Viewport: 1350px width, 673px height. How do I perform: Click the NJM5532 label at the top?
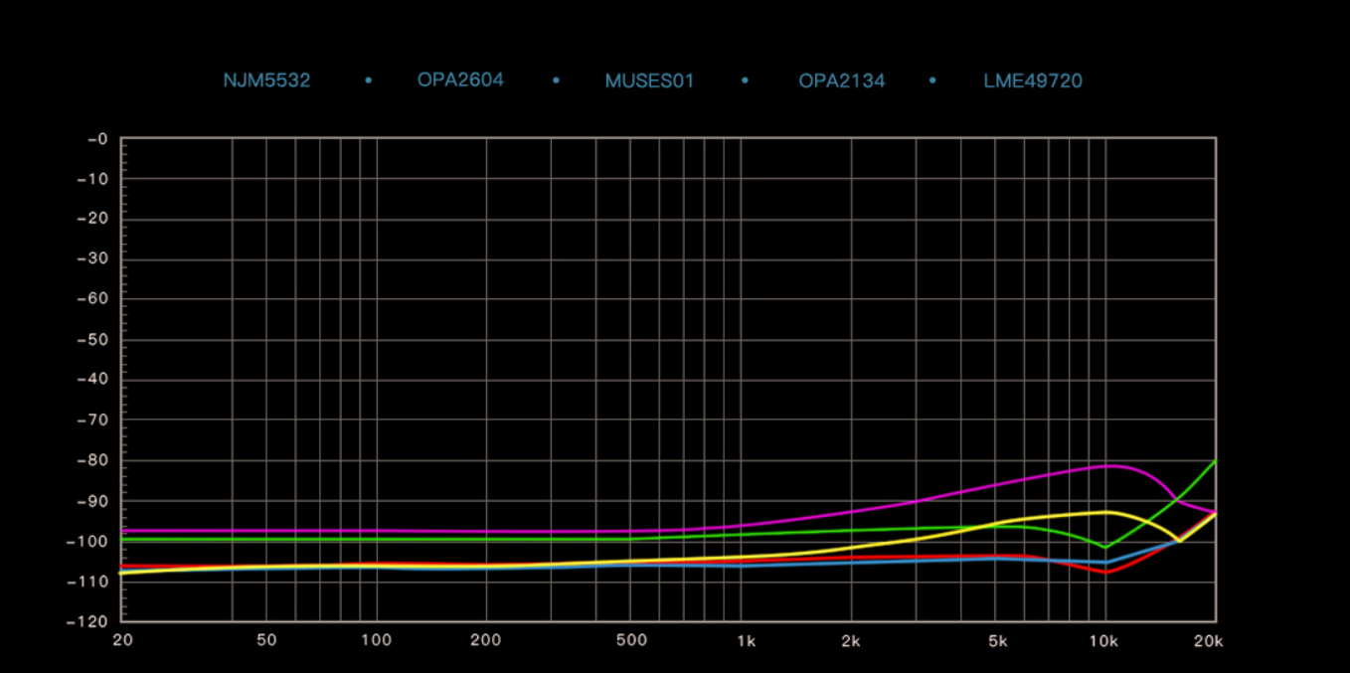pos(266,81)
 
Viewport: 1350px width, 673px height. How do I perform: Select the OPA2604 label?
pos(460,80)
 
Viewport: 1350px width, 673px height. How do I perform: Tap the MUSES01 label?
pos(649,81)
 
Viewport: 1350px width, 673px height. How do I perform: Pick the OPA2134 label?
pos(841,81)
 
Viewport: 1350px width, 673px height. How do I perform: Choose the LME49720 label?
pos(1032,81)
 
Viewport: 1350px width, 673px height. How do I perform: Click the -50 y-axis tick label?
pos(92,340)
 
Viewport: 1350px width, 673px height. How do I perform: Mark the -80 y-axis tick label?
pos(92,460)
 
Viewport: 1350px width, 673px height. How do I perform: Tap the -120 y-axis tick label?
pos(88,621)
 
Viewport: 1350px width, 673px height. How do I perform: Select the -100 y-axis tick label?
pos(88,541)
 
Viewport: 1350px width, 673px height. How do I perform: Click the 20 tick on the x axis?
pos(122,640)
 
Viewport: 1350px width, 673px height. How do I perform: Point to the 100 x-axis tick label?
pos(376,640)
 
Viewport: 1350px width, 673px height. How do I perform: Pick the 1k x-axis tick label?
pos(746,640)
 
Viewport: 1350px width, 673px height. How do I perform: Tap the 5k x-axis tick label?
pos(998,640)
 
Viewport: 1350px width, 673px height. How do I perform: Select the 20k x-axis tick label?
pos(1208,640)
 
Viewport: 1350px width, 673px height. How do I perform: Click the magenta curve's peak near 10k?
pos(1109,465)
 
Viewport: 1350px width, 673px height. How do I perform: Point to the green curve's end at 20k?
pos(1215,461)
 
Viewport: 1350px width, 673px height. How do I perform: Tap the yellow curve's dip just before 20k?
pos(1179,541)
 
